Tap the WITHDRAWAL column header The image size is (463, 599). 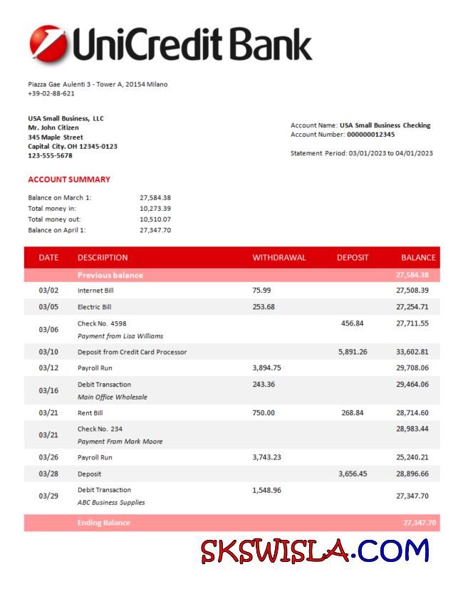coord(279,257)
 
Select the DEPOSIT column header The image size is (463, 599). coord(353,257)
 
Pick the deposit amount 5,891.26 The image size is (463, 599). coord(353,352)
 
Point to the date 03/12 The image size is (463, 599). coord(48,368)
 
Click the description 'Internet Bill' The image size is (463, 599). coord(95,291)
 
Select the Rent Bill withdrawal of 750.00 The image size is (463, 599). coord(263,412)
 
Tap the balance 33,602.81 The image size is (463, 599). coord(412,352)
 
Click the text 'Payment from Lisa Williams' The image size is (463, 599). coord(120,335)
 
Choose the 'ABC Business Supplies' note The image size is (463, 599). coord(111,502)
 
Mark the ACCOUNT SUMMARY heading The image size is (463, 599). coord(69,179)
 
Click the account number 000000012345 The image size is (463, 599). coord(370,134)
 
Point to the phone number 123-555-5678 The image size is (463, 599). coord(50,155)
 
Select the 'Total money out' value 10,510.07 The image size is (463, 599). coord(155,219)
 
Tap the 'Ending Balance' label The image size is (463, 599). coord(104,523)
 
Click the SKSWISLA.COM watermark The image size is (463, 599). coord(315,551)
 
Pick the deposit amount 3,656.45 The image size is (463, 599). coord(353,474)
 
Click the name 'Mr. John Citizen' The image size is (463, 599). coord(53,127)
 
